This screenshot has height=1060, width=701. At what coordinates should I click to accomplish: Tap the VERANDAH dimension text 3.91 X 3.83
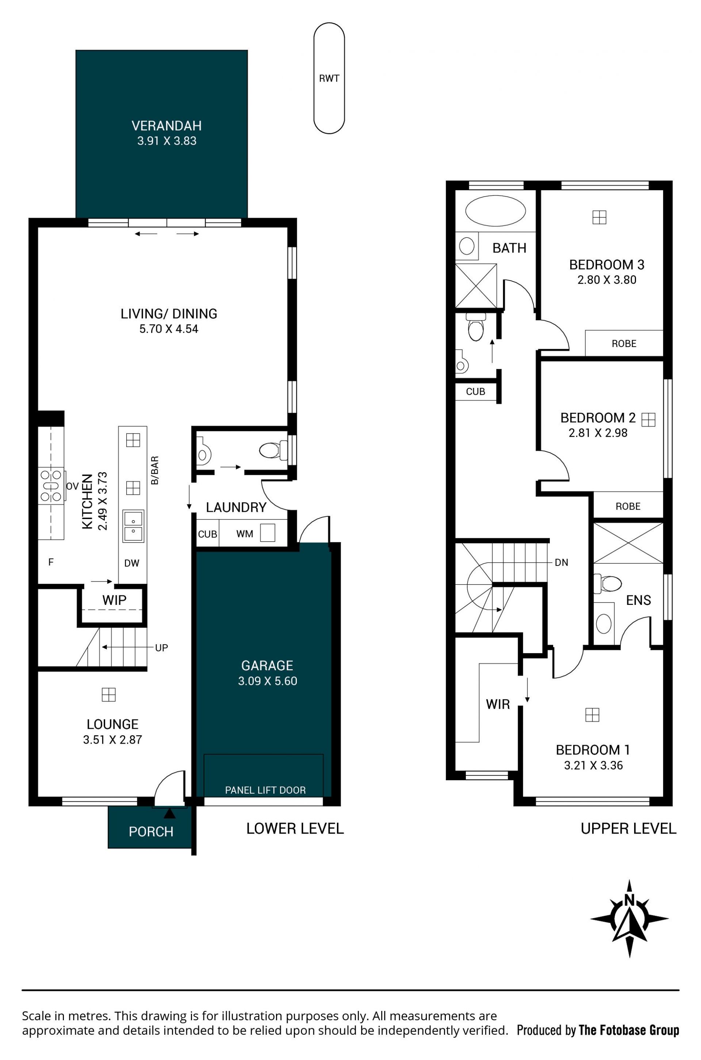click(x=167, y=141)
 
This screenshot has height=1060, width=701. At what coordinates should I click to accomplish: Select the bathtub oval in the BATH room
click(x=495, y=211)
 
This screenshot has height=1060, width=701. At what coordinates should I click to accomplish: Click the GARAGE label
click(x=267, y=666)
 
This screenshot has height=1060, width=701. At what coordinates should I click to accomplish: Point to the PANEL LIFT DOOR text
click(x=265, y=790)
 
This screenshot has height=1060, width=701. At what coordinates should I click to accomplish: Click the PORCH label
click(x=151, y=832)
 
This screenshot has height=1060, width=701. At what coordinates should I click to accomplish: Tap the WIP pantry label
click(x=114, y=600)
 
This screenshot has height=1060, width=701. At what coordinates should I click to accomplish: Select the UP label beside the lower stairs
click(x=161, y=648)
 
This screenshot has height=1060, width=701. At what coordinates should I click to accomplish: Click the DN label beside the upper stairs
click(x=562, y=563)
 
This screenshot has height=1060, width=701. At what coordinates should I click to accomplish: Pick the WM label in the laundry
click(x=245, y=534)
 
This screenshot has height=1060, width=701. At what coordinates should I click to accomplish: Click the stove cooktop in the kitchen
click(x=51, y=486)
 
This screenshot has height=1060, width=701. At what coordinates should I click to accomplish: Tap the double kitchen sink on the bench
click(x=133, y=526)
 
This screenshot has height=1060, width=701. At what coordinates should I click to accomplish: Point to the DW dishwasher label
click(x=132, y=564)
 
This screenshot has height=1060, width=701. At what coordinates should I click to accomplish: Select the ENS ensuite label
click(x=639, y=600)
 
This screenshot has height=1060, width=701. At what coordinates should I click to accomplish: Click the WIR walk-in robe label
click(x=498, y=705)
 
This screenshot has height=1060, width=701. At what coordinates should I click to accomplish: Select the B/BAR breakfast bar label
click(x=155, y=470)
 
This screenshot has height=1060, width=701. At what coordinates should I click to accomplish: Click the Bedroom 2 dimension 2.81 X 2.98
click(x=598, y=433)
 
